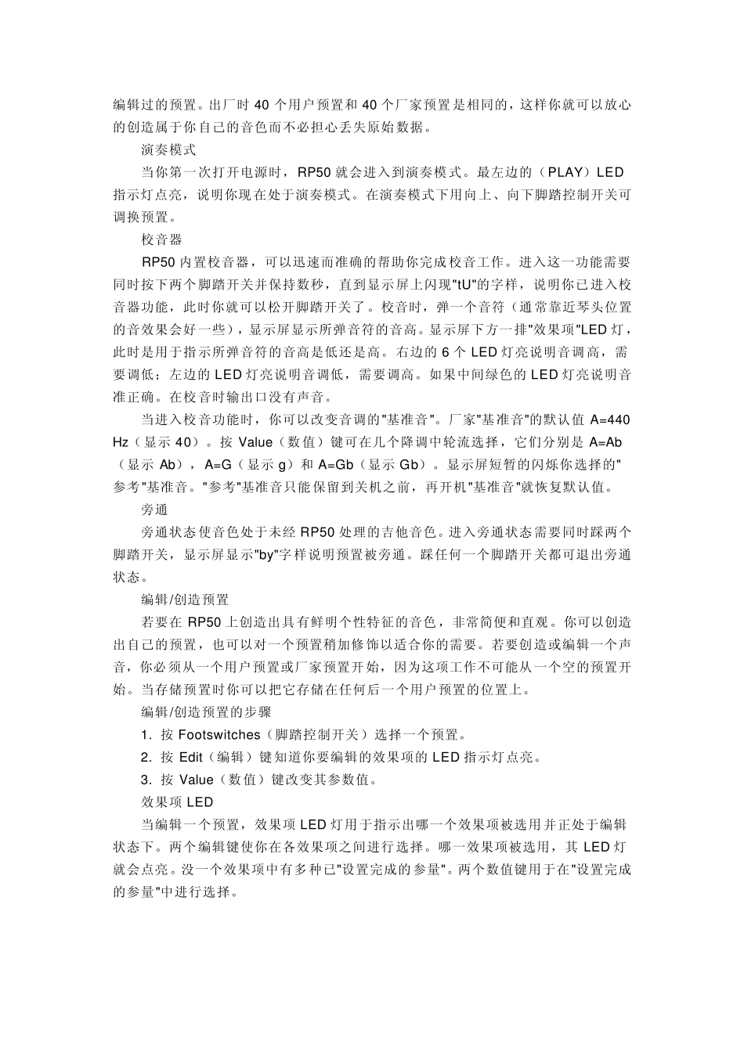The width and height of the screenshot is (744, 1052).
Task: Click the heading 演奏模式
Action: tap(168, 149)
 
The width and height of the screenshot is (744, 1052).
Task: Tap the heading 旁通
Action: tap(154, 510)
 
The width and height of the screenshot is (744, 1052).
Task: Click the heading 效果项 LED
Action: tap(177, 802)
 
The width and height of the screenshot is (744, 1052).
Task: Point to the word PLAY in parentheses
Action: tap(564, 171)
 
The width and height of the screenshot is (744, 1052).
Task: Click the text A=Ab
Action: tap(605, 441)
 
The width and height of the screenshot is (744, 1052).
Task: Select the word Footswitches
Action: tap(219, 734)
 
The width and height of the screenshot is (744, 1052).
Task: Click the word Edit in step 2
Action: tap(191, 757)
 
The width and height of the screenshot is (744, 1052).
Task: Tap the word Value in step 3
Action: tap(197, 780)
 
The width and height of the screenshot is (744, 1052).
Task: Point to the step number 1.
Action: tap(145, 734)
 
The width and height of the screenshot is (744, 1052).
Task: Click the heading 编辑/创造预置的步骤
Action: tap(206, 712)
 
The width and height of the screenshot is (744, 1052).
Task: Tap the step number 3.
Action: tap(145, 780)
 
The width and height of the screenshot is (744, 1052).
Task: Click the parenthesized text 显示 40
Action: tap(168, 441)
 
